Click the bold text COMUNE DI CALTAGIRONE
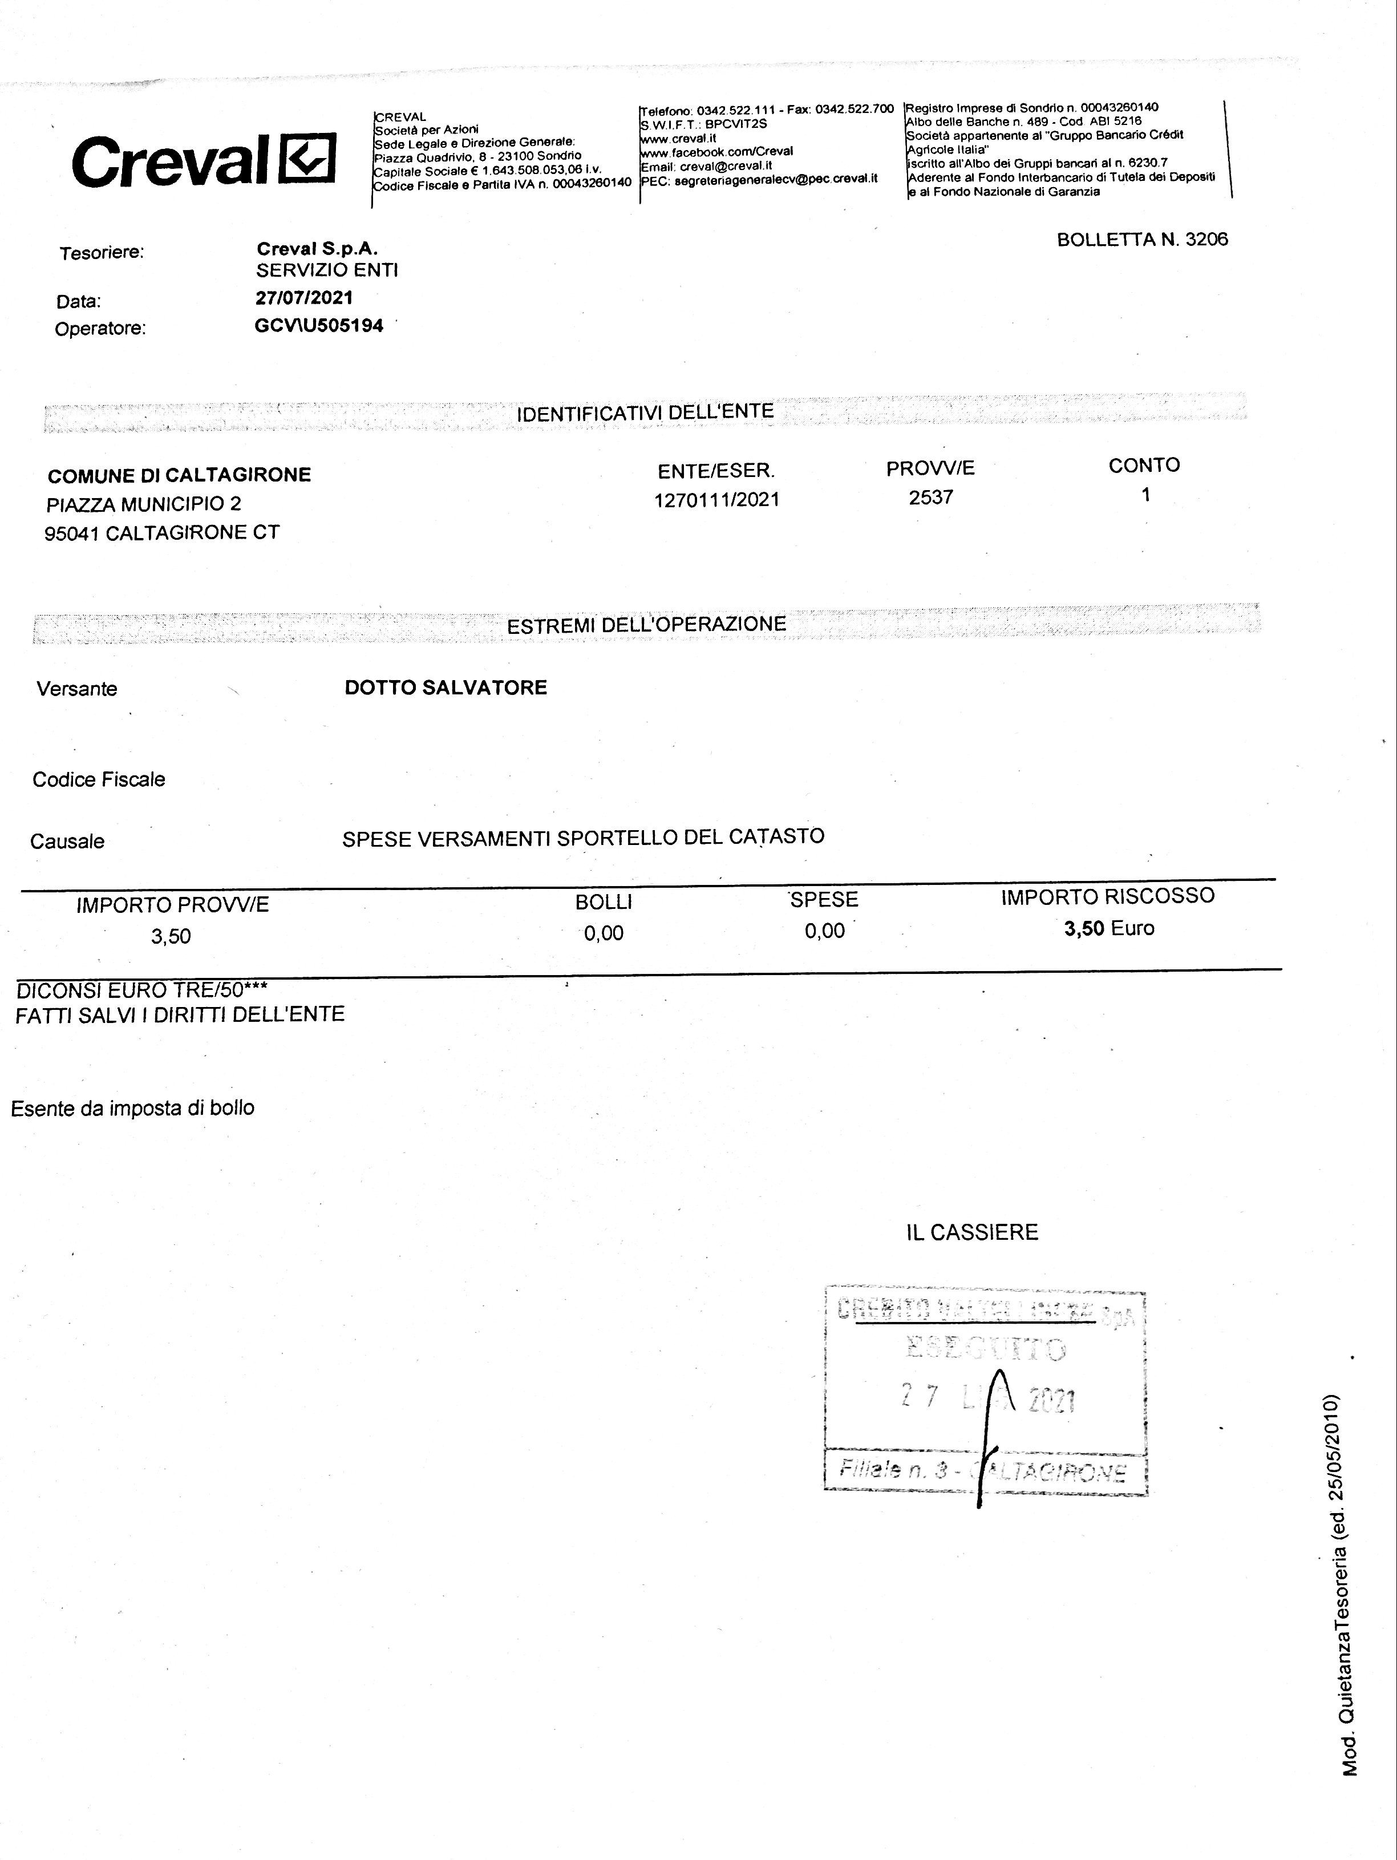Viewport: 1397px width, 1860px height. pyautogui.click(x=179, y=475)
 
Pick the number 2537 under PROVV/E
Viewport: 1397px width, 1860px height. pyautogui.click(x=930, y=497)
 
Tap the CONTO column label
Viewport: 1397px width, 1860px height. pyautogui.click(x=1144, y=465)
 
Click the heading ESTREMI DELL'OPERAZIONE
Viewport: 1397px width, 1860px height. pyautogui.click(x=646, y=625)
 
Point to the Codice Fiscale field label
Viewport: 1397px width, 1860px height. pyautogui.click(x=98, y=779)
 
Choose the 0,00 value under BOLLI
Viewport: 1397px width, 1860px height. pyautogui.click(x=604, y=932)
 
